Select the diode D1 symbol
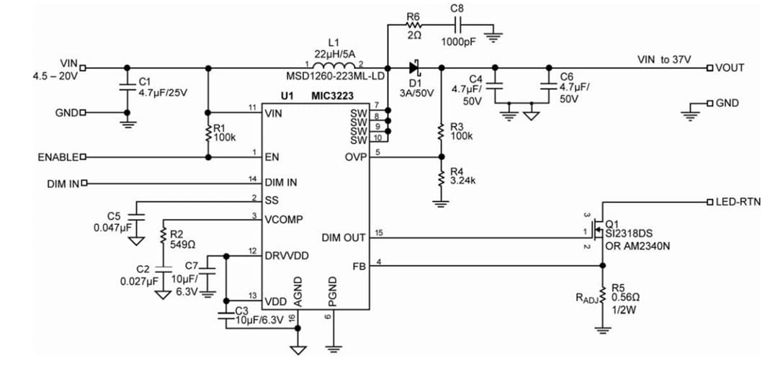[x=414, y=68]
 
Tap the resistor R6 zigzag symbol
[x=413, y=26]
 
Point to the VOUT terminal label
[x=729, y=68]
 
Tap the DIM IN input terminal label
[x=63, y=184]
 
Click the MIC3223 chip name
[x=336, y=96]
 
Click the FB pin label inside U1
[x=359, y=266]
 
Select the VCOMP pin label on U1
[x=284, y=219]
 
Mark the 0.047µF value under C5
[x=112, y=227]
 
